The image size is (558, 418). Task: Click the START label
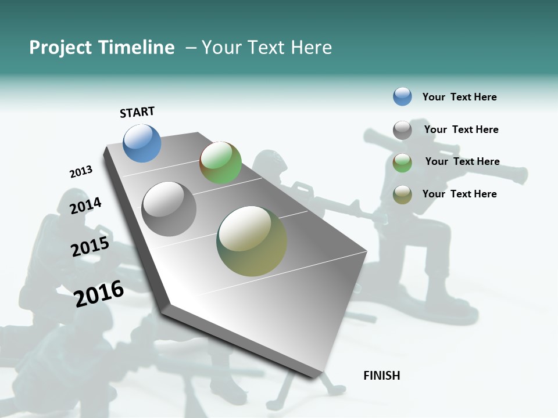point(137,112)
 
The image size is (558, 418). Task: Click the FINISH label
point(381,376)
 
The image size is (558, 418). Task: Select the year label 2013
point(81,172)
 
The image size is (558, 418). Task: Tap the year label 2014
point(85,206)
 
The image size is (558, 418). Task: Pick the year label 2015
point(90,247)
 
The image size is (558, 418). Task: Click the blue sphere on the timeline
point(142,143)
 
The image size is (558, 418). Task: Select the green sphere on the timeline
point(220,163)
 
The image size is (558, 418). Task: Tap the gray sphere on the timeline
point(169,209)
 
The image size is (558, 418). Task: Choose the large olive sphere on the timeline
point(252,241)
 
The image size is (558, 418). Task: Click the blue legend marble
point(402,97)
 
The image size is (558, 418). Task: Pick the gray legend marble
point(402,130)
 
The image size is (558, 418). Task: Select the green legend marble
point(402,163)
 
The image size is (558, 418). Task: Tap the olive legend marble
point(402,195)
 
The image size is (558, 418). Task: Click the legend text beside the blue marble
point(459,97)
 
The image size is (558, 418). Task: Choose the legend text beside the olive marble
point(459,194)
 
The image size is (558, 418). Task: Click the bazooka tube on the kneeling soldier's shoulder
point(442,152)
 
